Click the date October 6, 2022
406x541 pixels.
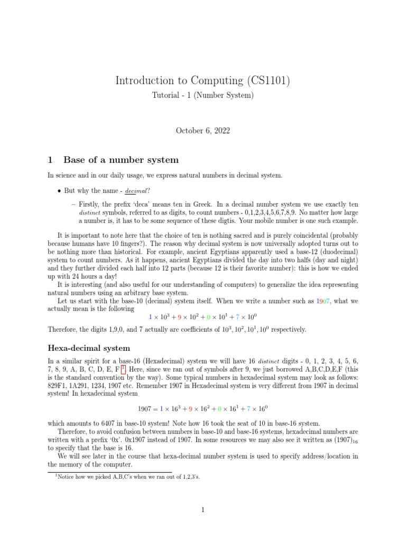click(203, 129)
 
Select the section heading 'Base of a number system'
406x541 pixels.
click(121, 160)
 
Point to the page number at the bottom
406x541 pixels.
click(203, 510)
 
